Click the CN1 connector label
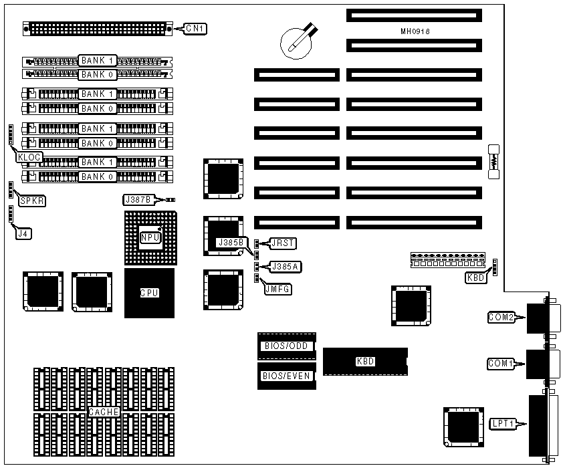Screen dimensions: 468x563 click(195, 28)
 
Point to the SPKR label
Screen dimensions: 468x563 click(31, 200)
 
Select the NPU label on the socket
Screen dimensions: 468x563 click(149, 237)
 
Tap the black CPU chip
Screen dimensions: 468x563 click(149, 293)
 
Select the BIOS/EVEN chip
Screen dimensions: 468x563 click(286, 376)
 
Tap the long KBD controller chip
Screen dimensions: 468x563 click(365, 361)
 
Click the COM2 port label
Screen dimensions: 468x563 click(501, 318)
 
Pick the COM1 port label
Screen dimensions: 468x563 click(501, 364)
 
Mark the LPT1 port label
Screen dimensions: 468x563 click(502, 423)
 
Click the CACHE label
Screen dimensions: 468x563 click(104, 412)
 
